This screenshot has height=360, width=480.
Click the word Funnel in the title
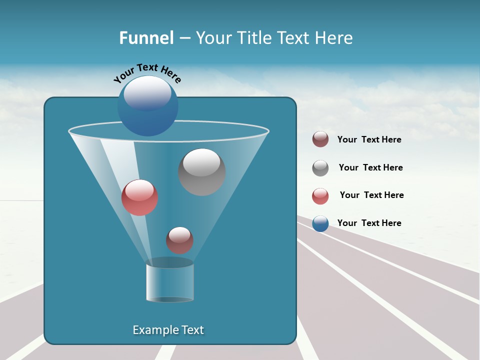tap(146, 38)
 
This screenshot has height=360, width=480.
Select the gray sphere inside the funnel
tap(201, 172)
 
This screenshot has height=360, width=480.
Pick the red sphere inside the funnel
tap(139, 198)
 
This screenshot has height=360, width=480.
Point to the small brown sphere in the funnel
tap(179, 240)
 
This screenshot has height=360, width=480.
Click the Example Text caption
tap(168, 330)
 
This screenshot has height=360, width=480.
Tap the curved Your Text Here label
tap(147, 72)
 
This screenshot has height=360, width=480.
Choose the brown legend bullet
tap(320, 139)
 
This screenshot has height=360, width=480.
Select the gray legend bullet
tap(320, 168)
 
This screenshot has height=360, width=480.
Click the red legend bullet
tap(320, 196)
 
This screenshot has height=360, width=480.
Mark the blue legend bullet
tap(320, 223)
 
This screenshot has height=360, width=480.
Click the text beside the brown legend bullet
tap(369, 140)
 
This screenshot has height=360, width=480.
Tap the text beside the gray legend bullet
tap(370, 168)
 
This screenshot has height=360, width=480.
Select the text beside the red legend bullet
tap(371, 195)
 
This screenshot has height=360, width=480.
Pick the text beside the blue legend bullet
tap(369, 223)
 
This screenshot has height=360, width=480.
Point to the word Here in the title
tap(334, 38)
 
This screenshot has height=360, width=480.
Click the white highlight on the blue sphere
tap(147, 93)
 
